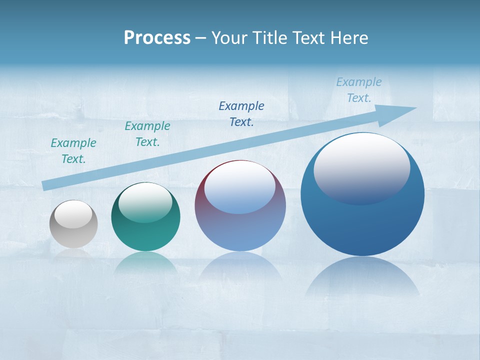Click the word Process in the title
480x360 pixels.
click(157, 37)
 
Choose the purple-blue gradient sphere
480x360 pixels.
click(240, 230)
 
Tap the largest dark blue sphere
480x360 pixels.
click(362, 225)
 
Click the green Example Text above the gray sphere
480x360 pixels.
click(73, 151)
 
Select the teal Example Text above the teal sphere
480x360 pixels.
click(147, 134)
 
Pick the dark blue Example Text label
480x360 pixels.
click(241, 113)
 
